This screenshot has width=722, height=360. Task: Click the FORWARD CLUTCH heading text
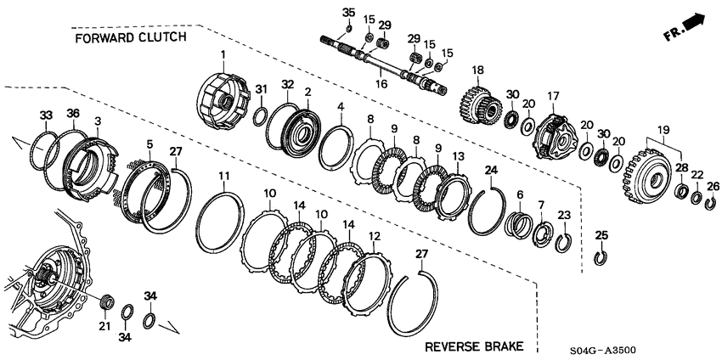click(x=129, y=39)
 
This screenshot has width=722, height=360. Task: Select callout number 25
click(x=601, y=234)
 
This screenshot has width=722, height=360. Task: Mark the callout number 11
click(x=224, y=176)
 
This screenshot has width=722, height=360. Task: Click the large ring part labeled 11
click(x=214, y=222)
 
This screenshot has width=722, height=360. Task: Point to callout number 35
click(x=346, y=11)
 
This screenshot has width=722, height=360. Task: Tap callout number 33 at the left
click(x=45, y=115)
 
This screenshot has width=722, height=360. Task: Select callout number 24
click(x=490, y=169)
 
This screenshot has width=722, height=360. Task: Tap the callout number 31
click(x=262, y=90)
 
